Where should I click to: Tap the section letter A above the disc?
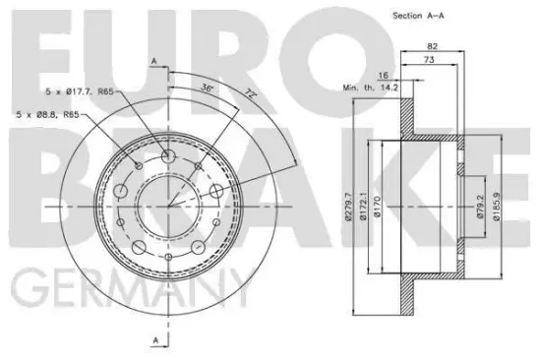[154, 62]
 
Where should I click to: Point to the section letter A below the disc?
[154, 339]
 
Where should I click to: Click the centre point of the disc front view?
[169, 205]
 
